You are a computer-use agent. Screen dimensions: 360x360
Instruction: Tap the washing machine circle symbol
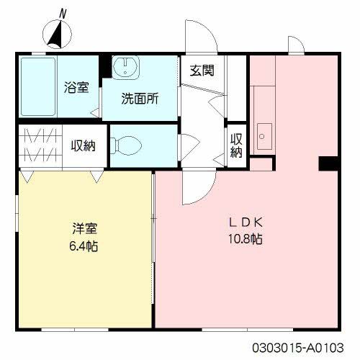[x=126, y=68]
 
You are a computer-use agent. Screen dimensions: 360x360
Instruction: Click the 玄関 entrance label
[x=201, y=71]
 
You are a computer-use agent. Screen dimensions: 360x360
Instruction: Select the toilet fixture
[x=129, y=145]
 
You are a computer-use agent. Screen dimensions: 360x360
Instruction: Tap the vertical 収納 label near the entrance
[x=236, y=145]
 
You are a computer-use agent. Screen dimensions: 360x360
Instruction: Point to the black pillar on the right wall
[x=328, y=164]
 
